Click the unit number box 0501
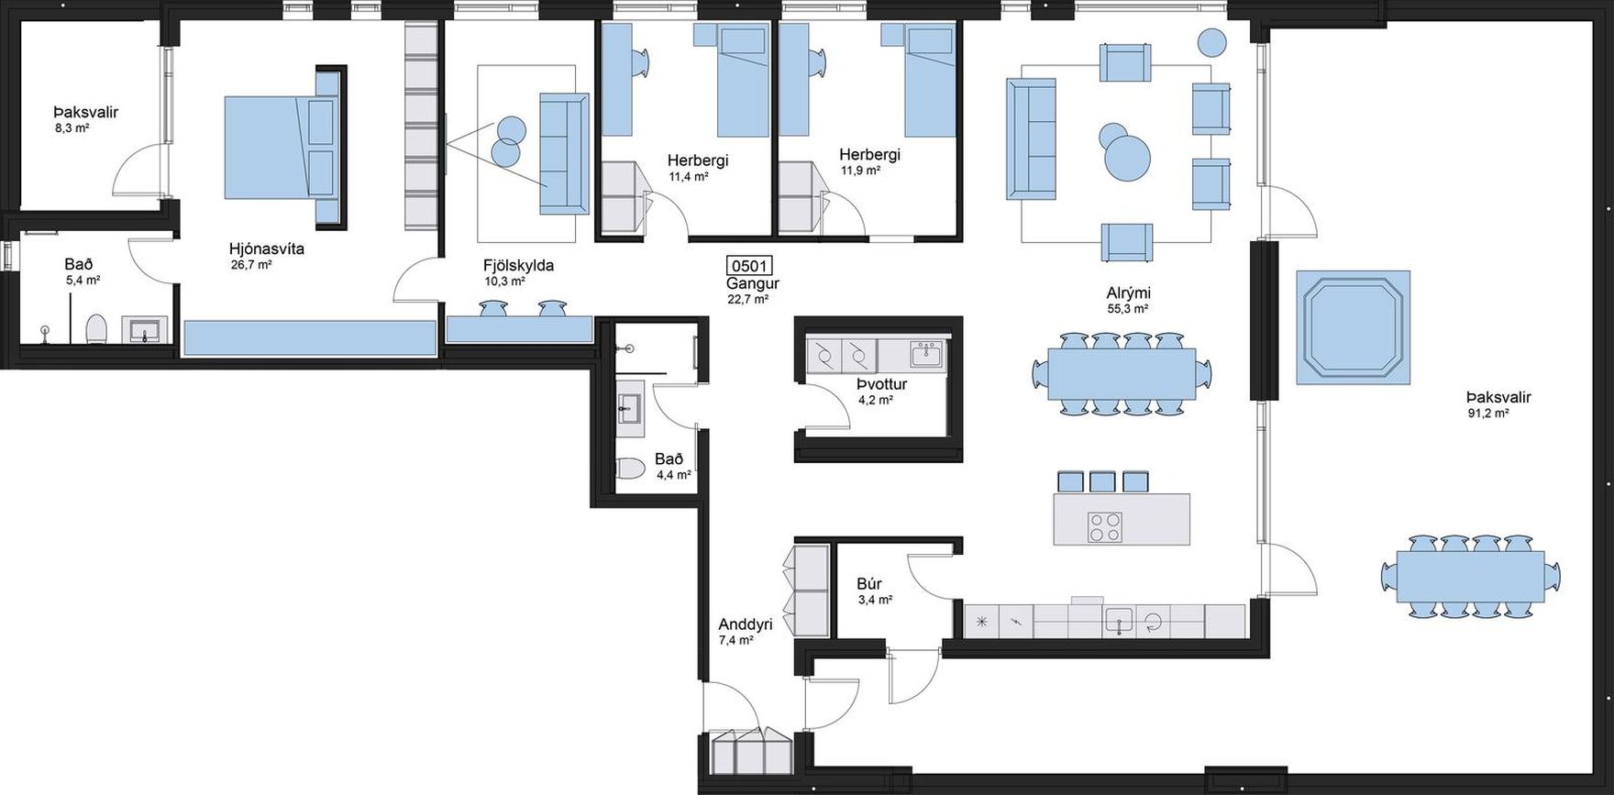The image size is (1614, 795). point(748,266)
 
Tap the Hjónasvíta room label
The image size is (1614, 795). point(266,248)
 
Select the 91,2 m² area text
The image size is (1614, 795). point(1488,413)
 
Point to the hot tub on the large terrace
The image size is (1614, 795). point(1353,327)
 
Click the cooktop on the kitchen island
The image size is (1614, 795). point(1104,527)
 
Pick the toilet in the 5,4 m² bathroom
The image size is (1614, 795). point(96,328)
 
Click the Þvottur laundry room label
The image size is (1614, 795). point(882,384)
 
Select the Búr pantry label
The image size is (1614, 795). point(869,584)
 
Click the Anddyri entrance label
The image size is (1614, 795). point(746,624)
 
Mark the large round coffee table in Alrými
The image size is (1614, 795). point(1128,157)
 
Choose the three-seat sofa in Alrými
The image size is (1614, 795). point(1032,138)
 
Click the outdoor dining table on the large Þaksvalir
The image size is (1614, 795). point(1470,576)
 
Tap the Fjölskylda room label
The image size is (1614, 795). point(518,266)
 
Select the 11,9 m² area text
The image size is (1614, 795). point(860,171)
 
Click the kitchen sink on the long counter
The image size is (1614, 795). point(1120,621)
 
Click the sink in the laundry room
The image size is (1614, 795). point(925,353)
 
